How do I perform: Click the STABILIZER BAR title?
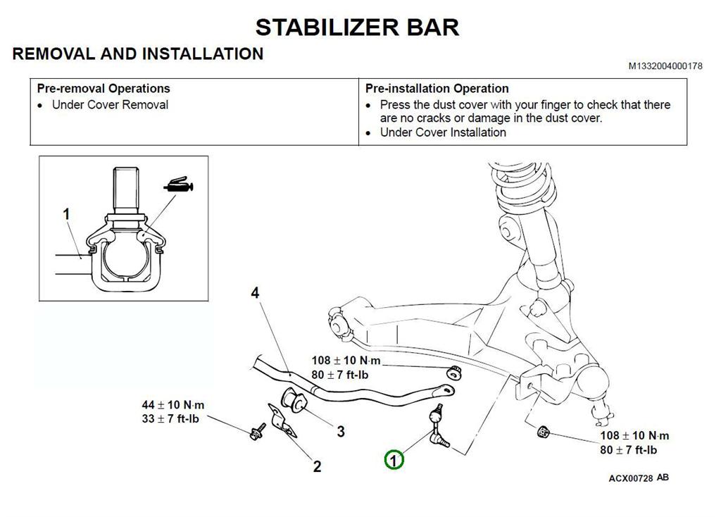357,27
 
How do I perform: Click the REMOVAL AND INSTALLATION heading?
138,54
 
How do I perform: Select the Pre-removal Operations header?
104,89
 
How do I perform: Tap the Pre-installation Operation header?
437,89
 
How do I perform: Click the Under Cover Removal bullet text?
110,105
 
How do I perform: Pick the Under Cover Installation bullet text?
443,132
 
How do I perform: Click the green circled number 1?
394,460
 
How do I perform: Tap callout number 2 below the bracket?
317,466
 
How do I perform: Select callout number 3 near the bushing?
340,431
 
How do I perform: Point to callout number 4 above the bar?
256,292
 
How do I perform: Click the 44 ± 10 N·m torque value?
173,405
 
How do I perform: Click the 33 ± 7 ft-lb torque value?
173,418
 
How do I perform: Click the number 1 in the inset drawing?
67,213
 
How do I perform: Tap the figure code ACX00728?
631,478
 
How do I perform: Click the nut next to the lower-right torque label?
543,431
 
